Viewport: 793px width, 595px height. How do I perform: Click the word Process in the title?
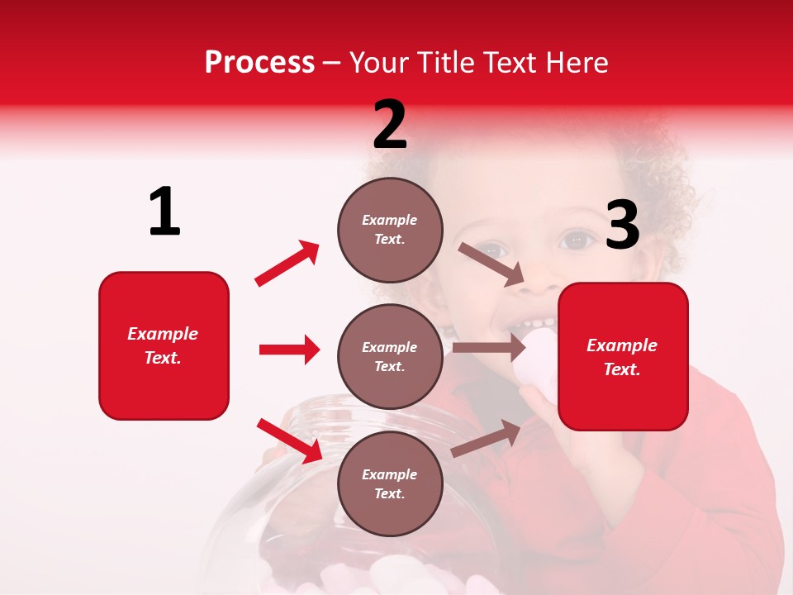259,63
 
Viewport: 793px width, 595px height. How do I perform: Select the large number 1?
164,212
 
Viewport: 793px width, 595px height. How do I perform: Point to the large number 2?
390,125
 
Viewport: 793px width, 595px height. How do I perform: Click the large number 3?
622,226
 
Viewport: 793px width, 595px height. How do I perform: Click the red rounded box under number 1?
164,345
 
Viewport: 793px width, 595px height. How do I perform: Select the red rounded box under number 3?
623,357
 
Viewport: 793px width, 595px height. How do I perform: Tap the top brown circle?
390,230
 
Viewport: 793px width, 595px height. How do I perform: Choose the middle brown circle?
390,356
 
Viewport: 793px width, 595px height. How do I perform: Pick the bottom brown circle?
390,483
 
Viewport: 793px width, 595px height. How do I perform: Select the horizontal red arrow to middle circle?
289,350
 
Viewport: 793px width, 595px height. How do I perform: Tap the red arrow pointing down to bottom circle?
290,440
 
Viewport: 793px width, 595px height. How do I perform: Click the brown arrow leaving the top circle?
491,264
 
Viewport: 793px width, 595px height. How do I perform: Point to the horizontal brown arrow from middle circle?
489,348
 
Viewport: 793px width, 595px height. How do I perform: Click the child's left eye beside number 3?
575,240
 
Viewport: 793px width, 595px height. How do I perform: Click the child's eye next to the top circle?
492,248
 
